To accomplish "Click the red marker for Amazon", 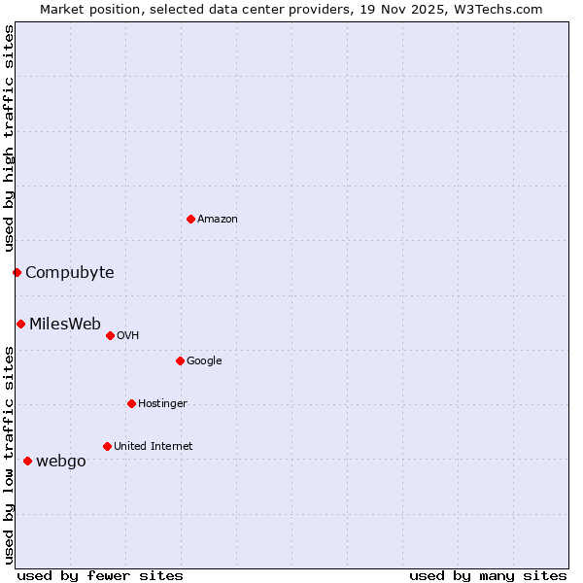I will coord(190,219).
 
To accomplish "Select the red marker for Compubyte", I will coord(17,272).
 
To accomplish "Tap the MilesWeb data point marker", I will coord(20,324).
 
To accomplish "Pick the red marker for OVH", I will coord(110,335).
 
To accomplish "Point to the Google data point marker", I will coord(180,360).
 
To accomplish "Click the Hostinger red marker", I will coord(131,403).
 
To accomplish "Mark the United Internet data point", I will coord(107,446).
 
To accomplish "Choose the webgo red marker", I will coord(27,461).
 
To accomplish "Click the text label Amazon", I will coord(218,220).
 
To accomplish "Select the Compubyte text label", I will coord(70,273).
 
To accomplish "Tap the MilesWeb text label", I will coord(65,325).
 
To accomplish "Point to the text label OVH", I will coord(128,336).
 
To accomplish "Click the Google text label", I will coord(204,361).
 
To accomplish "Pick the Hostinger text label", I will coord(162,404).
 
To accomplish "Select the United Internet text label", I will coord(154,447).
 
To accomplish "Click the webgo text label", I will coord(61,462).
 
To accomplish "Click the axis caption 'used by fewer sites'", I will coord(100,575).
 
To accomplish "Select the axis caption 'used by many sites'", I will coord(488,575).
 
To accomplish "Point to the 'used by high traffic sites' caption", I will coord(10,138).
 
